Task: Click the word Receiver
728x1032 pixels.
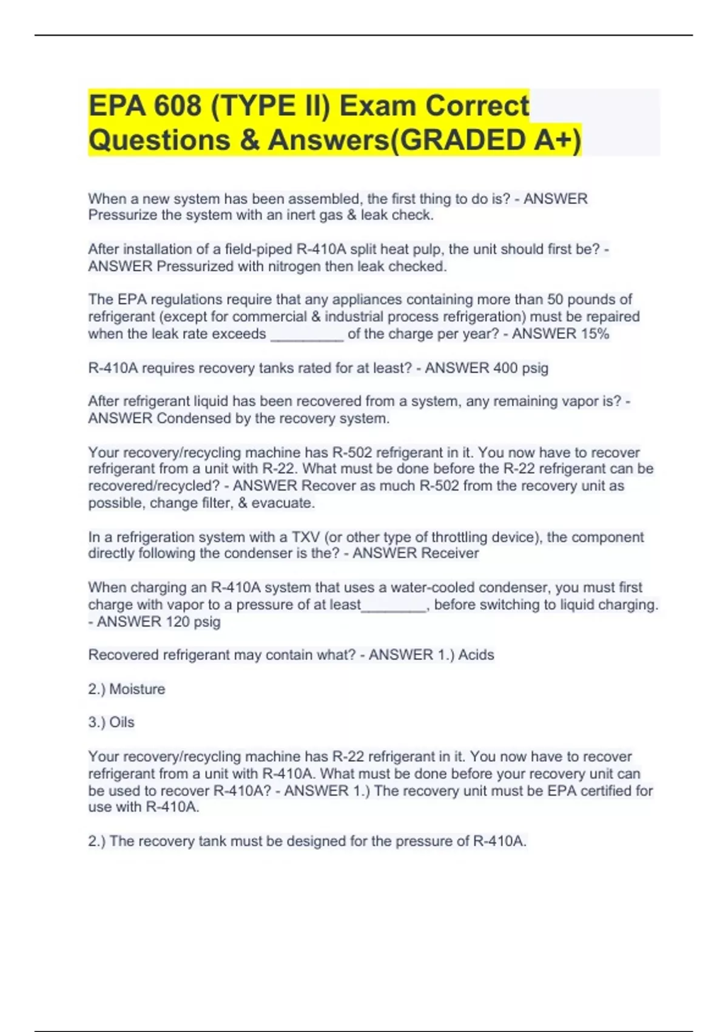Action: [x=450, y=553]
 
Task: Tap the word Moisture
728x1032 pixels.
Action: [x=136, y=689]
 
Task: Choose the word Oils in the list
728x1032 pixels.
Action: [x=121, y=722]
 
